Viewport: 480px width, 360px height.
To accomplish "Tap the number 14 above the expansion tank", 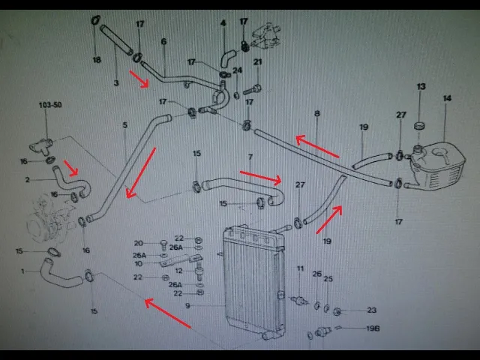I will click(x=447, y=98).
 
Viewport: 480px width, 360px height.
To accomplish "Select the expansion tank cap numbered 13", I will click(x=421, y=123).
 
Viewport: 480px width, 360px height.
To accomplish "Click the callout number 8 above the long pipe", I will click(x=317, y=113).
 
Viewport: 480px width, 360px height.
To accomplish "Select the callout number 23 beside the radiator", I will click(x=373, y=310).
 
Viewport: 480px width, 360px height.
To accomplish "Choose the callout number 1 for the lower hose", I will click(x=22, y=271).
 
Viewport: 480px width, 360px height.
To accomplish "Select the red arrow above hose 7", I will click(x=261, y=176).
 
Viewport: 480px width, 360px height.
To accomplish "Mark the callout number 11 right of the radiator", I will click(x=300, y=268).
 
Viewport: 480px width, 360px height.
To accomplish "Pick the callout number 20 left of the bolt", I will click(x=139, y=243).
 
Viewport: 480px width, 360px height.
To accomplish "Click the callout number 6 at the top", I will click(x=163, y=41).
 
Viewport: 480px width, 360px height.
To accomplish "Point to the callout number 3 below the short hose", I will click(x=116, y=83).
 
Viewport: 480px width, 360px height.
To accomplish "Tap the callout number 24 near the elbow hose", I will click(x=238, y=71).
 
